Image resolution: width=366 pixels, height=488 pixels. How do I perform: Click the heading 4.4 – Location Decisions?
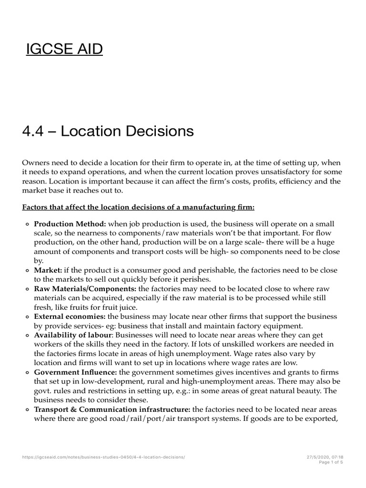pos(108,131)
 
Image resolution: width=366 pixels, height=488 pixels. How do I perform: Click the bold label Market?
pos(48,270)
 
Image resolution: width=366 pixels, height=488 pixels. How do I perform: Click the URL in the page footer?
pos(103,457)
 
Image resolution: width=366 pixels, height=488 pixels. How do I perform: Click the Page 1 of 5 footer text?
pos(332,462)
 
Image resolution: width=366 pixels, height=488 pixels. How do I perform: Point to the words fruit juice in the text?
pos(130,307)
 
